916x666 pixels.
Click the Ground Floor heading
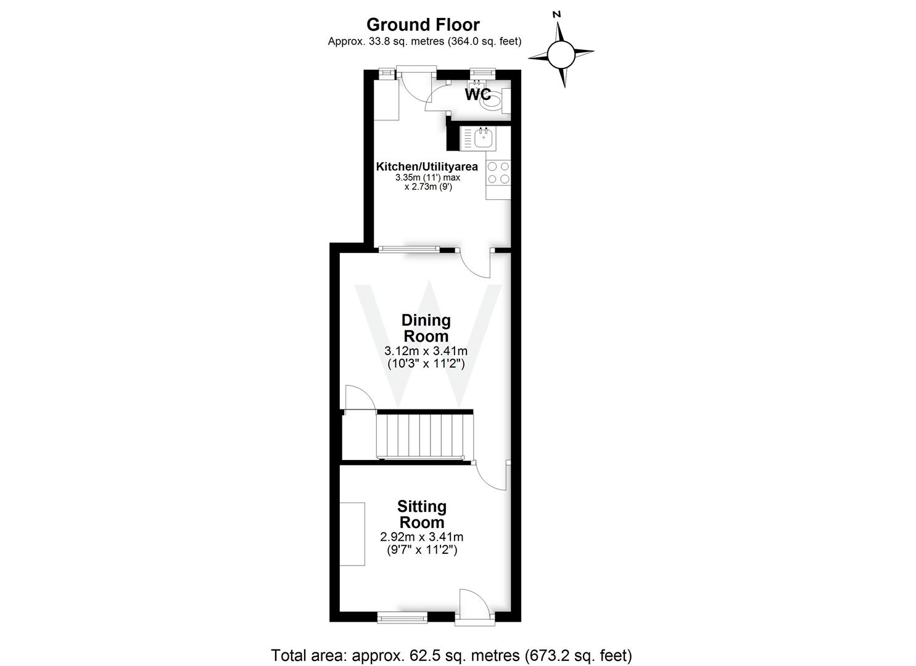pyautogui.click(x=423, y=25)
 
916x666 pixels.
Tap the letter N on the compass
pyautogui.click(x=556, y=14)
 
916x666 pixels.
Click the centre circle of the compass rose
pyautogui.click(x=561, y=54)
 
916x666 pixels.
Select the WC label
pyautogui.click(x=477, y=95)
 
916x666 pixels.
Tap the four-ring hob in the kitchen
pyautogui.click(x=498, y=173)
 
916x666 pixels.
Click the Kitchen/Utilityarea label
pyautogui.click(x=427, y=167)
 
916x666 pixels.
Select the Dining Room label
pyautogui.click(x=426, y=328)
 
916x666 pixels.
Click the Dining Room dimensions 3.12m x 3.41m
pyautogui.click(x=426, y=351)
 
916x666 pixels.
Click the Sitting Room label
pyautogui.click(x=422, y=514)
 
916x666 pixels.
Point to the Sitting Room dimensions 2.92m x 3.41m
pyautogui.click(x=422, y=536)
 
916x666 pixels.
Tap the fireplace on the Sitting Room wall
pyautogui.click(x=352, y=534)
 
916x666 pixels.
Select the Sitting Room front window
pyautogui.click(x=402, y=617)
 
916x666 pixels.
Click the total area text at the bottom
pyautogui.click(x=452, y=655)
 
